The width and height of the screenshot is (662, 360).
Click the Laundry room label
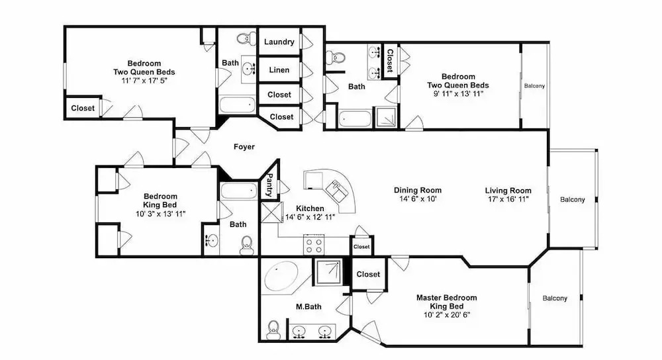(x=279, y=42)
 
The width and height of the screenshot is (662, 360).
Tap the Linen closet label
(x=279, y=70)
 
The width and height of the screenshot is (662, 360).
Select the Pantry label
(x=269, y=185)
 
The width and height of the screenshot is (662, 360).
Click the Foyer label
(x=244, y=147)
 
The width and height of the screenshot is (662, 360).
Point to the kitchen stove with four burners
(x=314, y=246)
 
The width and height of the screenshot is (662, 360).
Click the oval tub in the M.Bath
(x=281, y=275)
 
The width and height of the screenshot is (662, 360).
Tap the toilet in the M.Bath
(x=273, y=329)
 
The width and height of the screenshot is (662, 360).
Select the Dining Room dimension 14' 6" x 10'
(x=418, y=199)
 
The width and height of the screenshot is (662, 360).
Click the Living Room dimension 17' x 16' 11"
(x=508, y=199)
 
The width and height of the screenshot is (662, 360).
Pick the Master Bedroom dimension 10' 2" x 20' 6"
(x=447, y=315)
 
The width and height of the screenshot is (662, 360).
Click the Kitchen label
(x=310, y=208)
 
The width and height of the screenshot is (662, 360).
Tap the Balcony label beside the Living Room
(x=573, y=200)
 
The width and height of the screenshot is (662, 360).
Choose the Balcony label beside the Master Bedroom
(x=555, y=298)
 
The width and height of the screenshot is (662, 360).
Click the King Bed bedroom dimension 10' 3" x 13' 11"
(x=160, y=214)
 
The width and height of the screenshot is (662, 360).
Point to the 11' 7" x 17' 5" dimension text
(x=144, y=81)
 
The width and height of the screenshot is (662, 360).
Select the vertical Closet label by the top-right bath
(x=390, y=61)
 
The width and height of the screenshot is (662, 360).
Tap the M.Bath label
(x=308, y=307)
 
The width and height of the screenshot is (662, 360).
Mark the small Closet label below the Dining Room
(x=361, y=247)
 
